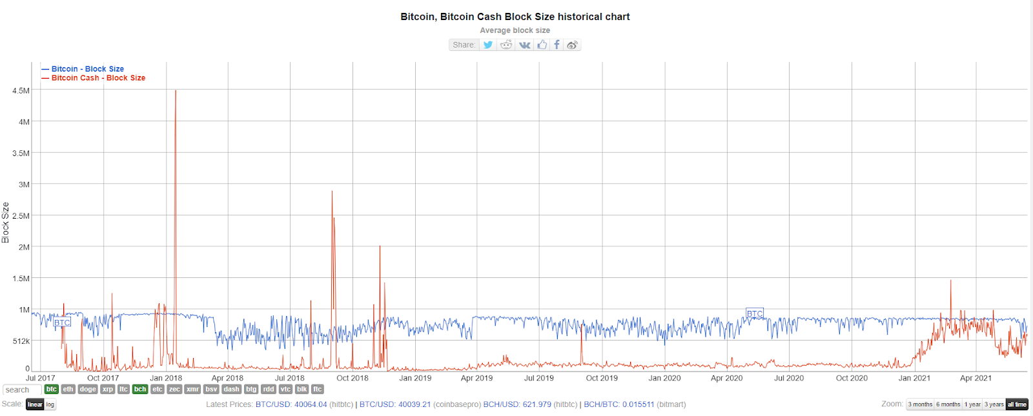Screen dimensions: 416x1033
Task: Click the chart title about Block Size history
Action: pos(515,17)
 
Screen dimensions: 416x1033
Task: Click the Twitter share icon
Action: pos(488,45)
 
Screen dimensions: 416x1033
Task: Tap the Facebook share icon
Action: pos(557,45)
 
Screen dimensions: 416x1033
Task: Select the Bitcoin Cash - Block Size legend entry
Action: pos(98,78)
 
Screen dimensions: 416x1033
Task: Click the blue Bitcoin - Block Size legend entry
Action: pos(87,69)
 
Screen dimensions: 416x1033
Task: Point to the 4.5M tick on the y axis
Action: pos(21,91)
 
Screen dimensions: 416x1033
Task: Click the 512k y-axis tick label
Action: pos(21,341)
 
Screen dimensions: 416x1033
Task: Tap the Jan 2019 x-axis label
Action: pos(415,379)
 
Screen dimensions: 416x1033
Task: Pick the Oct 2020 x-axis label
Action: pos(852,379)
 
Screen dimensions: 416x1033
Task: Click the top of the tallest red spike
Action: pos(176,91)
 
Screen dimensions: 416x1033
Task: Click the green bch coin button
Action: pos(140,390)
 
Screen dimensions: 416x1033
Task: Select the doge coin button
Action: pos(88,390)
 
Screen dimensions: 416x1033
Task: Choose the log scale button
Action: pos(50,404)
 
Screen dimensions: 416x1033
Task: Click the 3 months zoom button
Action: pos(920,404)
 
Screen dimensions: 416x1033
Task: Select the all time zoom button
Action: pos(1016,404)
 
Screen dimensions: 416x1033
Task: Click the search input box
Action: pos(22,390)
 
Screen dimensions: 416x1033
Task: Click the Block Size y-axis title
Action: pos(6,223)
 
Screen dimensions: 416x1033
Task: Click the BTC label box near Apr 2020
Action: pos(754,313)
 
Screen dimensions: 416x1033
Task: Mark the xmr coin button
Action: pos(192,390)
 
